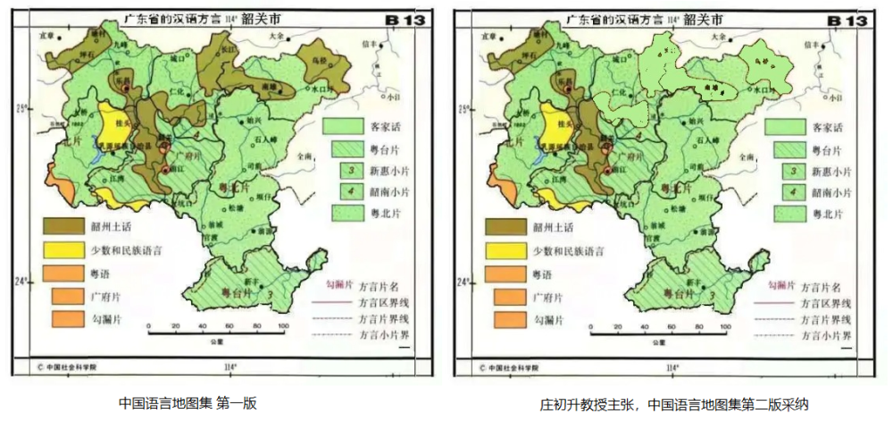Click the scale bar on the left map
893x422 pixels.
point(216,331)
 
